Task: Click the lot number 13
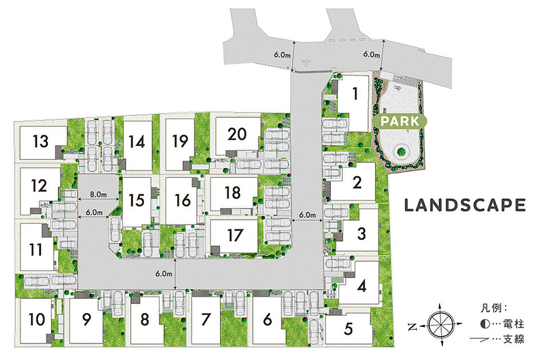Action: point(41,141)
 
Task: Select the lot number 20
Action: point(237,134)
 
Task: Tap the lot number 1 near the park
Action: point(355,94)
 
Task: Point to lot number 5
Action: point(349,329)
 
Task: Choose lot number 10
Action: point(37,319)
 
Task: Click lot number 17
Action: point(235,235)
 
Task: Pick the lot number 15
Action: point(136,200)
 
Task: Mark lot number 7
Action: point(206,319)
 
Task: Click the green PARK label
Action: point(400,121)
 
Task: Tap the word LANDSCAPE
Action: point(465,205)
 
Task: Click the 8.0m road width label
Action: point(98,194)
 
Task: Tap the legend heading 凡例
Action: point(491,307)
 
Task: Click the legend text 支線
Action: point(514,339)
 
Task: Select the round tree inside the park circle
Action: point(401,151)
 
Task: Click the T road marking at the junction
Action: point(306,63)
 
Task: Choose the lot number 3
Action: point(361,234)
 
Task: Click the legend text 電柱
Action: point(514,324)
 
